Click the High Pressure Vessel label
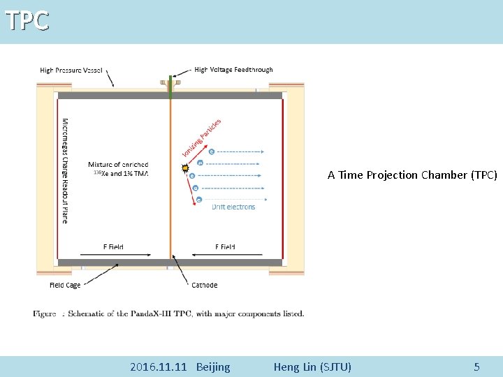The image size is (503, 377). pos(71,70)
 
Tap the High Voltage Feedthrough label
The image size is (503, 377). pos(233,70)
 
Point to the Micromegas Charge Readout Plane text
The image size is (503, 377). pos(65,171)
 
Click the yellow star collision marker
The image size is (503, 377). pos(185,168)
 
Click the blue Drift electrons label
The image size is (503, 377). pos(233,207)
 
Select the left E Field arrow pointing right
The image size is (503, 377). pos(113,256)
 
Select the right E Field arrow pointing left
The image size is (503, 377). pos(225,256)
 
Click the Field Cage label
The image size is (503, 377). pos(65,286)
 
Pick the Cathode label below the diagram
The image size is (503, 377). pos(204,286)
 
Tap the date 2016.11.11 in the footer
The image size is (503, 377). pos(159,367)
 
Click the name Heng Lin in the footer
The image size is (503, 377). pos(295,367)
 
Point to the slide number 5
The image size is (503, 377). pos(476,367)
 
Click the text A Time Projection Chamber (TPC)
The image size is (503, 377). pos(412,175)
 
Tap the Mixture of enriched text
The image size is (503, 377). pos(118,165)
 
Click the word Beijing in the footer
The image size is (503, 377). pos(213,367)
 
